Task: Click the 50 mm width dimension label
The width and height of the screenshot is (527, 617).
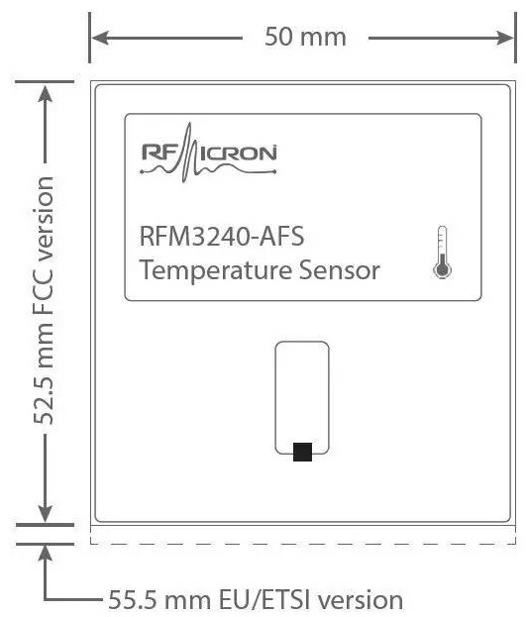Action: (305, 37)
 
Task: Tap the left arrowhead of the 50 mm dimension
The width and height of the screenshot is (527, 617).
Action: (100, 39)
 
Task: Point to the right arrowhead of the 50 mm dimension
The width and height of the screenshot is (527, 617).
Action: (505, 39)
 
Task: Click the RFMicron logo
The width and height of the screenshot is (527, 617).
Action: (209, 153)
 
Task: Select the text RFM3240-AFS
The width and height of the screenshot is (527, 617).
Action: (222, 236)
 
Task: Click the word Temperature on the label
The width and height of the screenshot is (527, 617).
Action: (216, 270)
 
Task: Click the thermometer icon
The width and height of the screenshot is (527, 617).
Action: (443, 253)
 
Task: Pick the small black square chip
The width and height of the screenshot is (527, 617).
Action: (303, 452)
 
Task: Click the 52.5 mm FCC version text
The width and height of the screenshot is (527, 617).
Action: (44, 301)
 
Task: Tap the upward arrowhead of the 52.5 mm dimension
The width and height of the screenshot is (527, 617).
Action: (46, 94)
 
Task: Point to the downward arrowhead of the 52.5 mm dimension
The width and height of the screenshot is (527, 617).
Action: (46, 514)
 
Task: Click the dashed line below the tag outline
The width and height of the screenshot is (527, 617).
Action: (303, 544)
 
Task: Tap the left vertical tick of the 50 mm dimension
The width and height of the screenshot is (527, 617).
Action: (90, 38)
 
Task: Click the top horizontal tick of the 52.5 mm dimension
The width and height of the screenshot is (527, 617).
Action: (45, 82)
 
